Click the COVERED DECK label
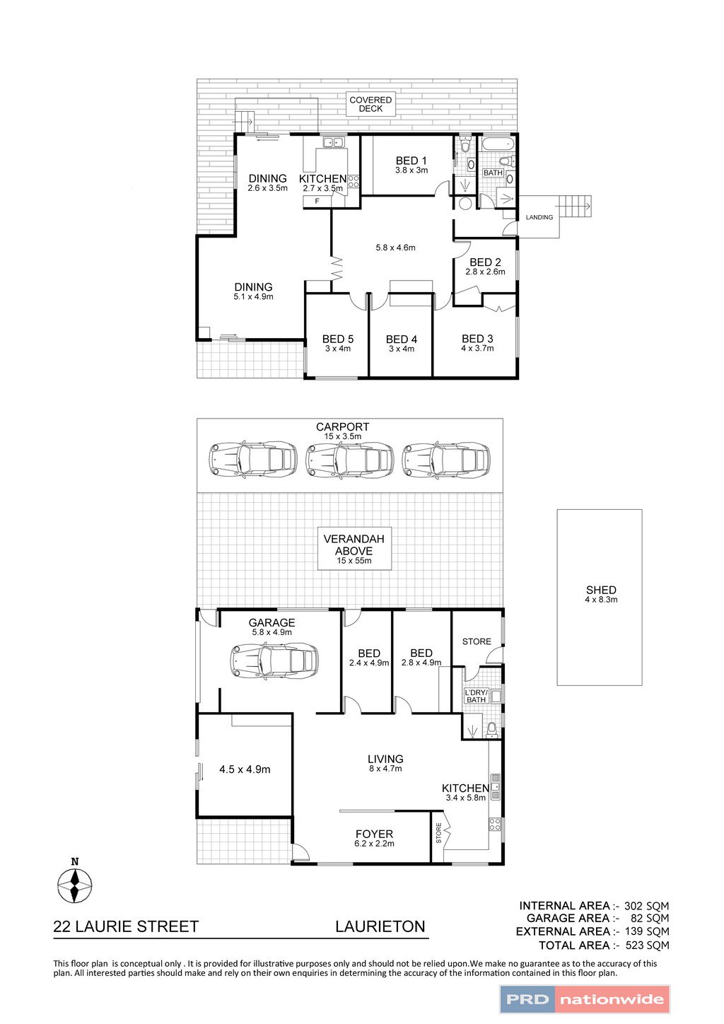[370, 105]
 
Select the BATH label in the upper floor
[493, 173]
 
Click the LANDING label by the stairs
[539, 217]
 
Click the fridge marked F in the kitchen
[317, 202]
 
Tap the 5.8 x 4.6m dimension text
[395, 248]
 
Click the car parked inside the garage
[273, 661]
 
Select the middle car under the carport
[349, 460]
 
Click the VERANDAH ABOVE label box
[354, 549]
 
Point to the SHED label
[601, 590]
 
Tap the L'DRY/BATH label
[476, 696]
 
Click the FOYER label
[374, 834]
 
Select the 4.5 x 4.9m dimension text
[245, 769]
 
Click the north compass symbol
[74, 884]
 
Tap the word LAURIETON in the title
[380, 926]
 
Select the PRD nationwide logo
[585, 999]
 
